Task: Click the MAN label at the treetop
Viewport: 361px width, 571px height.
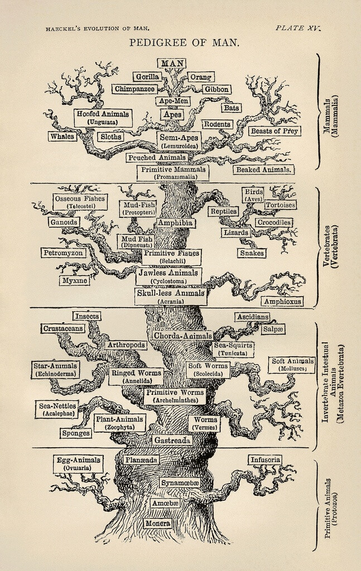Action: [x=173, y=63]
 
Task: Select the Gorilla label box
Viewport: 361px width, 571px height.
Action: [x=147, y=76]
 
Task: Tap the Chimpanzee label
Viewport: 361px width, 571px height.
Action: [x=134, y=89]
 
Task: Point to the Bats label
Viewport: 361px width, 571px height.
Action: [x=231, y=108]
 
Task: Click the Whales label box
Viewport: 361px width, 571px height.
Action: [x=62, y=136]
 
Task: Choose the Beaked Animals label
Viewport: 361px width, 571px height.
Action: [x=264, y=170]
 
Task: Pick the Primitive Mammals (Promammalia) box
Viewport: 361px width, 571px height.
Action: [x=172, y=172]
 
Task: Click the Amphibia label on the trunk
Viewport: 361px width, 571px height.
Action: [x=175, y=222]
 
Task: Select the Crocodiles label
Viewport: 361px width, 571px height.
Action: [x=273, y=222]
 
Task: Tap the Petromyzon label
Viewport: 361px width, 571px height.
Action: [x=63, y=253]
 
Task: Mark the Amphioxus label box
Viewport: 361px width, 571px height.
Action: [x=282, y=301]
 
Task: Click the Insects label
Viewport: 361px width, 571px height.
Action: [x=86, y=316]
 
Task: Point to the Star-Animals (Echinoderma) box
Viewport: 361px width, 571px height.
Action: [x=56, y=369]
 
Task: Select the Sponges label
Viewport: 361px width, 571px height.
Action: [x=76, y=433]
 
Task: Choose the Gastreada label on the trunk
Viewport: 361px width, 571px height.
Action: [x=172, y=440]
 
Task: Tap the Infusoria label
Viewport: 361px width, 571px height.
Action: [x=264, y=460]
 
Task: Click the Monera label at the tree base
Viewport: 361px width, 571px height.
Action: [x=158, y=524]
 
